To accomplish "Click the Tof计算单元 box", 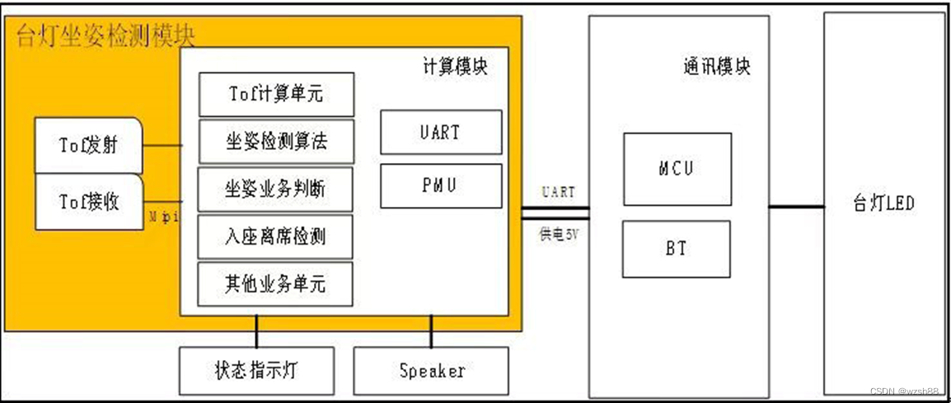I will coord(276,94).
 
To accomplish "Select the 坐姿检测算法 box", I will coord(276,142).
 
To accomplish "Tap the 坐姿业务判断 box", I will coord(276,190).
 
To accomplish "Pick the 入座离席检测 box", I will coord(276,237).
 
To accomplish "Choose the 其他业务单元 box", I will coord(276,284).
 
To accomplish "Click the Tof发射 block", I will coord(88,146).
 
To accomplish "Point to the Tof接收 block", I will coord(88,201).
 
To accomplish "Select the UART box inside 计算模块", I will coord(441,132).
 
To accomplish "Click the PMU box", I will coord(441,185).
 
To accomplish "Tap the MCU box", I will coord(677,169).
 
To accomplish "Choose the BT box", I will coord(677,248).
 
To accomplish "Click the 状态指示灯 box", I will coord(256,371).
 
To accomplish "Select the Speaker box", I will coord(431,371).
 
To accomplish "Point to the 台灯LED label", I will coord(883,203).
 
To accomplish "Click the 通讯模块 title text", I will coord(716,67).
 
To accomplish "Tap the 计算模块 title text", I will coord(454,67).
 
